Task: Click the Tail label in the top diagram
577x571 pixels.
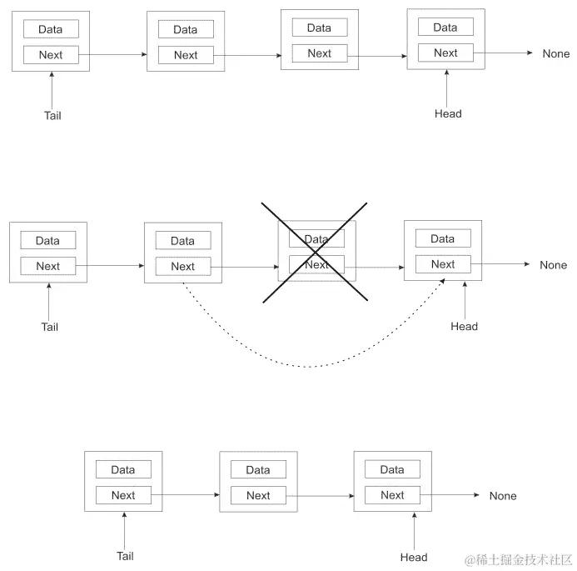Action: coord(52,116)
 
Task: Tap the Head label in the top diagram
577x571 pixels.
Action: coord(448,113)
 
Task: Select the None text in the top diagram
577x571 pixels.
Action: coord(556,53)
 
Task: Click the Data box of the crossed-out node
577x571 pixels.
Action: coord(316,239)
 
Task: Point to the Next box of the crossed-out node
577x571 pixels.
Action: coord(316,265)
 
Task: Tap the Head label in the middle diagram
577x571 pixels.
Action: coord(465,327)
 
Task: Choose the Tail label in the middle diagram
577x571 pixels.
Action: coord(50,327)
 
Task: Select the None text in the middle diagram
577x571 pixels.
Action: coord(554,265)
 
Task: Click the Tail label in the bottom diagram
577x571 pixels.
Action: coord(125,556)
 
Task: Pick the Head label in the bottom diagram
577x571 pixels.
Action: coord(414,558)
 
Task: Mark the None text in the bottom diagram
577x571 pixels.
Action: coord(503,496)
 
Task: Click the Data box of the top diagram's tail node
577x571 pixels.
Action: coord(50,29)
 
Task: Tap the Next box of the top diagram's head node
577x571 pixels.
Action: coord(445,53)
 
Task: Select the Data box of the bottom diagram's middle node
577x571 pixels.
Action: coord(258,470)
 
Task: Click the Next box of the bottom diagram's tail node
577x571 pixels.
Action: coord(123,495)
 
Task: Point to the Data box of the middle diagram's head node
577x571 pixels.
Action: coord(443,238)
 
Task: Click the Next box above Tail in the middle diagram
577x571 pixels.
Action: coord(48,266)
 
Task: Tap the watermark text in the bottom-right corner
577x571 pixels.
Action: coord(518,558)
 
